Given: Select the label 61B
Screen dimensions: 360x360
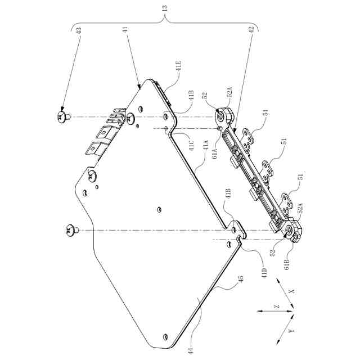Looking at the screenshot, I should pos(287,264).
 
